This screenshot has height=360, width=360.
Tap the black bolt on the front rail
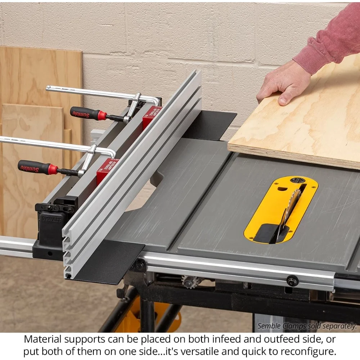(292, 281)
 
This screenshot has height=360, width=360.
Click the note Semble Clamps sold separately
(307, 326)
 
